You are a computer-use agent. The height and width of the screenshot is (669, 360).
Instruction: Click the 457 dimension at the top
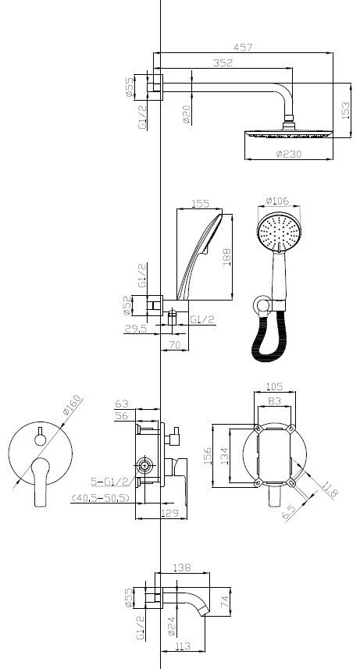pyautogui.click(x=243, y=47)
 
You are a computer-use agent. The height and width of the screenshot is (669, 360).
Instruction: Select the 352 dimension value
pyautogui.click(x=223, y=62)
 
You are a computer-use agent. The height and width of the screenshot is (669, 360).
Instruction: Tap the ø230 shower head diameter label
pyautogui.click(x=289, y=154)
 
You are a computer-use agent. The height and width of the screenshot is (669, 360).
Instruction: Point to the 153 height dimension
pyautogui.click(x=345, y=111)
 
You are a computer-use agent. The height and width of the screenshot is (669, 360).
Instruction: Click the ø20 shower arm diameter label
pyautogui.click(x=187, y=115)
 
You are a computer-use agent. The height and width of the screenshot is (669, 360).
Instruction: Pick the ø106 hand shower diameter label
pyautogui.click(x=277, y=200)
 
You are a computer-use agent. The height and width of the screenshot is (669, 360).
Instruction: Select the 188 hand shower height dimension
pyautogui.click(x=226, y=258)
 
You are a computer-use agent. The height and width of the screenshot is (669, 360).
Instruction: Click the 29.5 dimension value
pyautogui.click(x=136, y=328)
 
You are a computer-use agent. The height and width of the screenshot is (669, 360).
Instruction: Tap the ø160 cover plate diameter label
pyautogui.click(x=71, y=405)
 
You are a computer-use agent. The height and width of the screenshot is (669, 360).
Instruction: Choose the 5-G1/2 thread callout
pyautogui.click(x=109, y=482)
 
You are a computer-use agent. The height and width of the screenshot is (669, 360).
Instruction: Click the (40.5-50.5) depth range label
pyautogui.click(x=101, y=497)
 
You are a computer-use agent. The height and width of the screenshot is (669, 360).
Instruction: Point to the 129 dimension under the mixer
pyautogui.click(x=169, y=514)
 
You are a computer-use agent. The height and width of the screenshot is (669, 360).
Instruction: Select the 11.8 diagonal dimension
pyautogui.click(x=330, y=489)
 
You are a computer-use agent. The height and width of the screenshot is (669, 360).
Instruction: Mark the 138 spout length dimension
pyautogui.click(x=182, y=568)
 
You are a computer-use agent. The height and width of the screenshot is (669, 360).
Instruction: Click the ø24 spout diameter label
pyautogui.click(x=171, y=626)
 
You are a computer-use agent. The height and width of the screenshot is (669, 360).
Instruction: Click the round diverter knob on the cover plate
pyautogui.click(x=41, y=439)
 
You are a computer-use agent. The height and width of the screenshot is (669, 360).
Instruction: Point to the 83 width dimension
pyautogui.click(x=275, y=401)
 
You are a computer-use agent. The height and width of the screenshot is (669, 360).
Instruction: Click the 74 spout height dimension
pyautogui.click(x=226, y=602)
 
